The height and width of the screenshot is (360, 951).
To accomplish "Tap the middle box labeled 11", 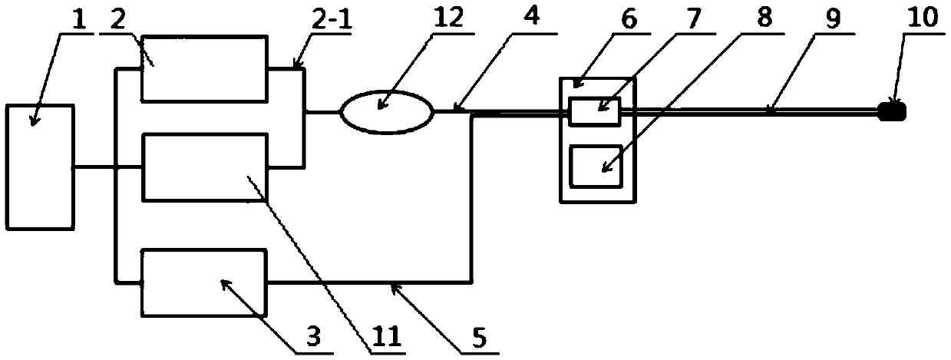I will [204, 166].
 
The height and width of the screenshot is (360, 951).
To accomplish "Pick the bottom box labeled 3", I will [204, 282].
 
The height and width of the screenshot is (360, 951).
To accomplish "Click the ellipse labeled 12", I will [388, 112].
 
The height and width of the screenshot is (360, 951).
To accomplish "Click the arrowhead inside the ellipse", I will [381, 117].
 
